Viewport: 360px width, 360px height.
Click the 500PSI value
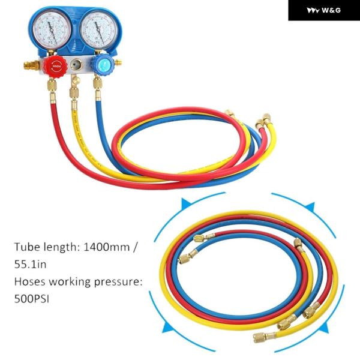pos(33,298)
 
